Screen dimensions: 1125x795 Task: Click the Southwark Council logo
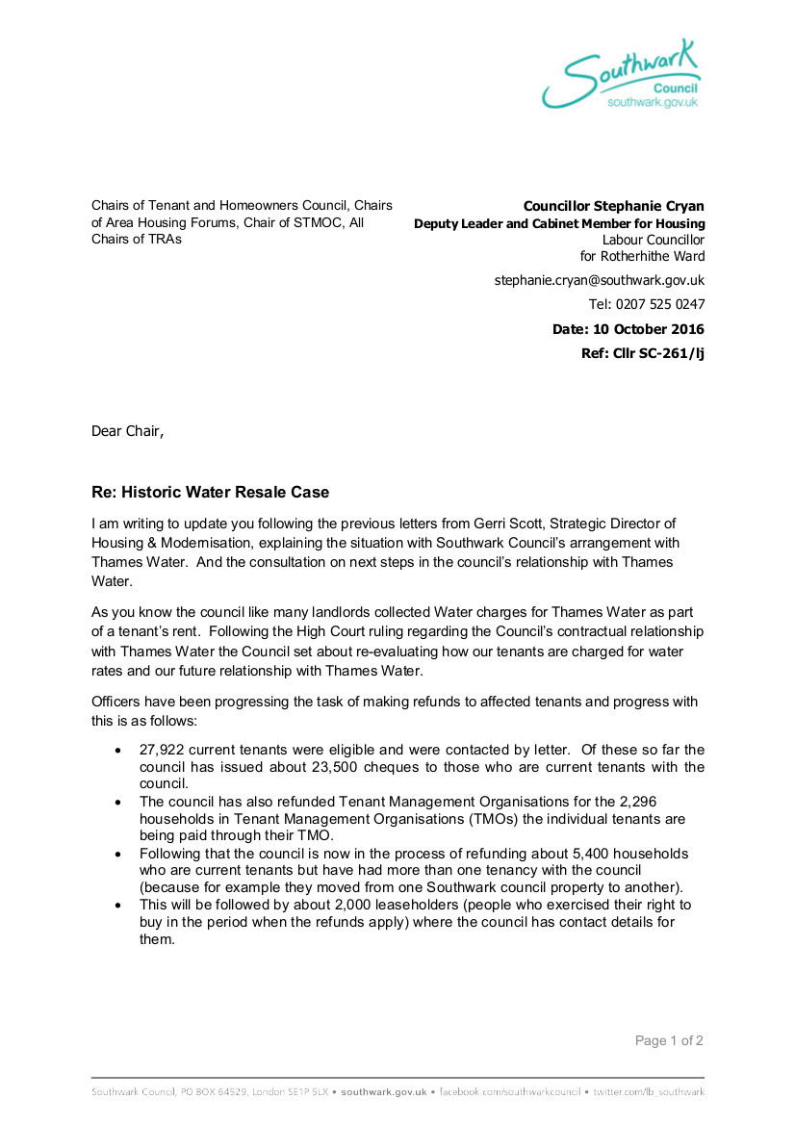pos(621,75)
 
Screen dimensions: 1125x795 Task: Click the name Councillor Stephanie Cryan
pos(613,206)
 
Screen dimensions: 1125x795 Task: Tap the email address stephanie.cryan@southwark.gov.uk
pos(599,280)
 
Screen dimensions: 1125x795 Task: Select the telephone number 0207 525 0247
pos(664,304)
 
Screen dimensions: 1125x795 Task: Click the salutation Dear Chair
pos(127,431)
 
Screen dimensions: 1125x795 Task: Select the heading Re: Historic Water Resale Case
pos(210,493)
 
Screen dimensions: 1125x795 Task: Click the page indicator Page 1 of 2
pos(669,1040)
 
